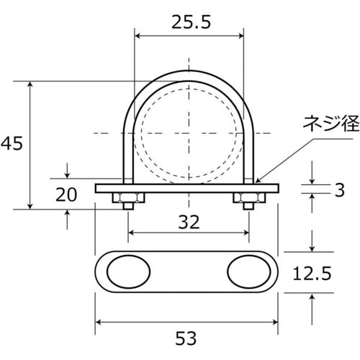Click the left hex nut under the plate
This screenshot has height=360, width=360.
coord(127,197)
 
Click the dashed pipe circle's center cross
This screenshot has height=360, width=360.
coord(189,134)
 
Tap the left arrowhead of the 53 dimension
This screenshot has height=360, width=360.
coord(99,323)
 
